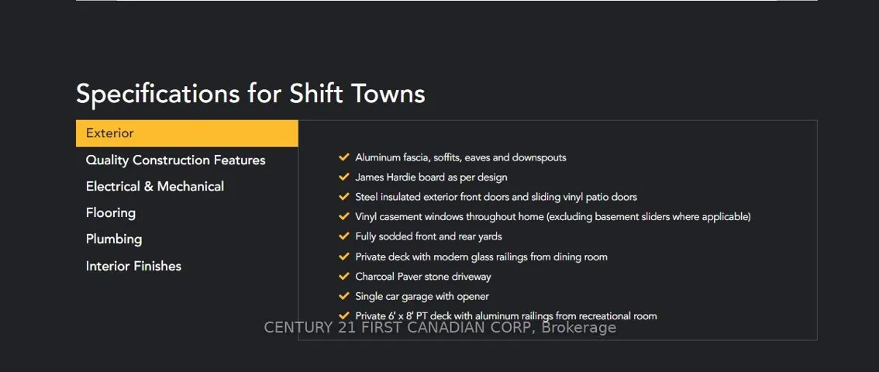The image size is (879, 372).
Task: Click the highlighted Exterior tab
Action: click(x=187, y=133)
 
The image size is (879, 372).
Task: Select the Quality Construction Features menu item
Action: click(x=175, y=160)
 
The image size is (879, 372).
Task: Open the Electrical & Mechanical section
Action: click(x=155, y=187)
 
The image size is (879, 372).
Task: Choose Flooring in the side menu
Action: click(x=110, y=213)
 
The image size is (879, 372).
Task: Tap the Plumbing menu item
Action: click(x=114, y=239)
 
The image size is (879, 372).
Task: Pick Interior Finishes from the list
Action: click(x=133, y=266)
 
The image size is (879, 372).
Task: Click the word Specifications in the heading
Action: click(x=158, y=94)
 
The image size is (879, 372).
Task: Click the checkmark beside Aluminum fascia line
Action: click(x=344, y=157)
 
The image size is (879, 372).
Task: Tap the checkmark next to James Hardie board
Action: click(x=344, y=177)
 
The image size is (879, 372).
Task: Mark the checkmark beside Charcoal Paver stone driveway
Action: click(x=344, y=276)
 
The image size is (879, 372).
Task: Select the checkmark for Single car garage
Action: click(x=344, y=296)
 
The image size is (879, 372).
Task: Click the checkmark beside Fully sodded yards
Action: click(x=344, y=236)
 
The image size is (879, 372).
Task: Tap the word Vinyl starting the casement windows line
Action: click(x=365, y=217)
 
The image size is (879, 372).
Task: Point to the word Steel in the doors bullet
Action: click(x=366, y=197)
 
